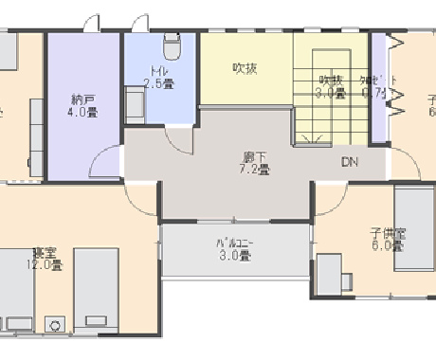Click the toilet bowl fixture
coord(172,45)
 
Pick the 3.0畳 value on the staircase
coord(330,92)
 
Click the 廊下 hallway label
coord(256,158)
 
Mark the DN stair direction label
coord(350,161)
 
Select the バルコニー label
coord(233,243)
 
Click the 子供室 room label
coord(388,233)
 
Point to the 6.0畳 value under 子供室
coord(388,246)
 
